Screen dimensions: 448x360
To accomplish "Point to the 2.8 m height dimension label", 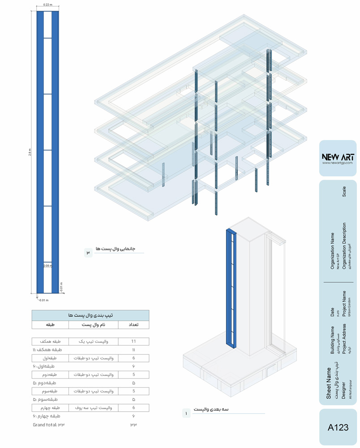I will click(30, 152).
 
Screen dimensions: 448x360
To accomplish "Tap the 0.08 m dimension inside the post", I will click(47, 266).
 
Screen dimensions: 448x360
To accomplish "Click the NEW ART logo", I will click(338, 157).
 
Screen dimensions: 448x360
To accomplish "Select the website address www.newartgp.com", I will click(338, 163).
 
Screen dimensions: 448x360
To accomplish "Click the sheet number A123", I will click(338, 427).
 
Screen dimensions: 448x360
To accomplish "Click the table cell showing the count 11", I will click(133, 341).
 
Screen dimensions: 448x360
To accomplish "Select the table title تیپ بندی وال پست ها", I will click(90, 315).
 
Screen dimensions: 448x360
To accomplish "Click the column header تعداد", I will click(133, 324).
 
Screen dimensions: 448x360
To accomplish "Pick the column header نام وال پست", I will click(93, 324).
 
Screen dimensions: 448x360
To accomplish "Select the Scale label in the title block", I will click(344, 191).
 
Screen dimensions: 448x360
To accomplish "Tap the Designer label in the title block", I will click(344, 390).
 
